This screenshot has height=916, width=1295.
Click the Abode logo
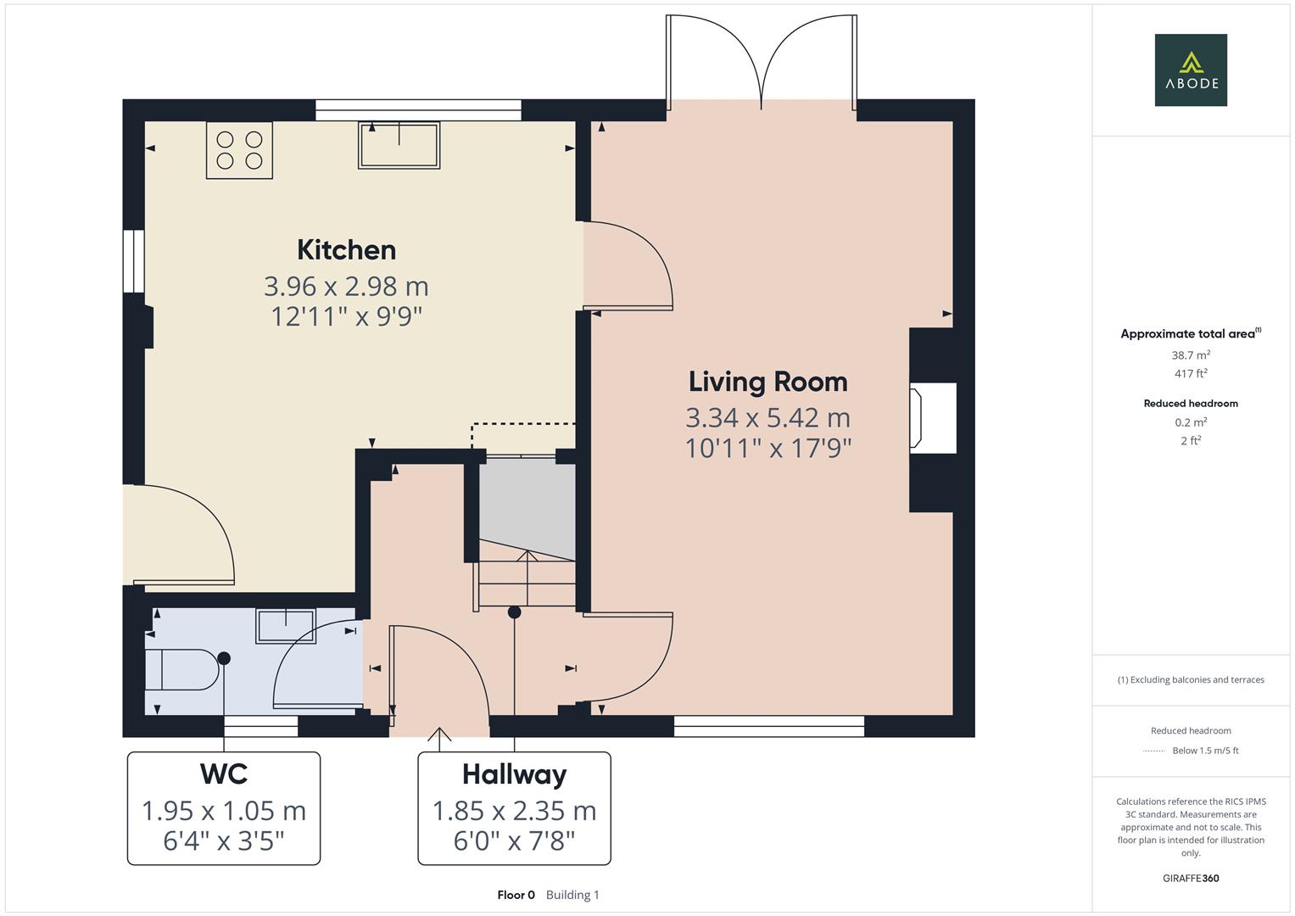1190,70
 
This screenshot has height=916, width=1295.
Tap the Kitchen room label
346,250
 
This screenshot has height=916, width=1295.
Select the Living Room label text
768,382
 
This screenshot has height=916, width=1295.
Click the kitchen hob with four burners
239,150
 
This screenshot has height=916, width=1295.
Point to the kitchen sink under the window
399,145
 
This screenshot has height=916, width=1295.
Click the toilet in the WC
181,670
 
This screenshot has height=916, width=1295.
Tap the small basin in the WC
287,626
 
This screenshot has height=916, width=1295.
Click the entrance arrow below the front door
438,739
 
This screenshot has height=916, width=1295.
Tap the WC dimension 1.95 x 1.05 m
224,811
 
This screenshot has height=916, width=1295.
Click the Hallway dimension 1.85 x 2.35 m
514,811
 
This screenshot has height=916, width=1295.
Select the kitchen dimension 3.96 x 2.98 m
346,286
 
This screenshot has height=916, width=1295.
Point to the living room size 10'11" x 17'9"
768,448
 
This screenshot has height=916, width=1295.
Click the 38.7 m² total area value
1190,355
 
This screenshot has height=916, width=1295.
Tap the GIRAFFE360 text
1190,878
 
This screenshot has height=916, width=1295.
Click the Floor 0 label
516,895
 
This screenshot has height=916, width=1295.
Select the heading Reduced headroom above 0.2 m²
1190,404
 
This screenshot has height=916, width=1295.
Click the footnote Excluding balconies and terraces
1190,679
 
